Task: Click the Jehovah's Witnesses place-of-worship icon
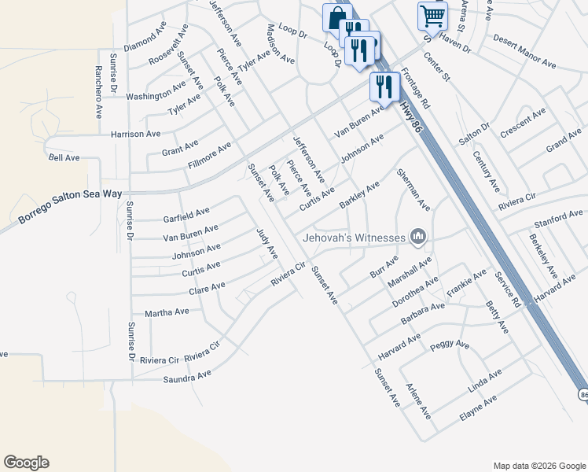418,236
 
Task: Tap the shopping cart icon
432,15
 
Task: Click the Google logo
26,463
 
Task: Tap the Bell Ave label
64,157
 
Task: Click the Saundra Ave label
187,376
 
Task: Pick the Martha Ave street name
167,312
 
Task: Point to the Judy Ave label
267,243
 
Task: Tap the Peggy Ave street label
450,345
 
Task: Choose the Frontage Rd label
415,88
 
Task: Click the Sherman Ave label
413,189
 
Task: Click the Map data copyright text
538,465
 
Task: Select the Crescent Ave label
523,124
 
